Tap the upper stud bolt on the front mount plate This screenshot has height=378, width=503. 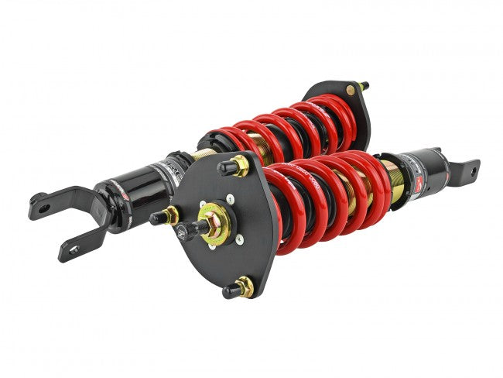[240, 165]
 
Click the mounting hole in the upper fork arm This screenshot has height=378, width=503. [44, 208]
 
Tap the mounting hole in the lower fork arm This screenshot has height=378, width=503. [74, 249]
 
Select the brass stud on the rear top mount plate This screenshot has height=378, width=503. [353, 90]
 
